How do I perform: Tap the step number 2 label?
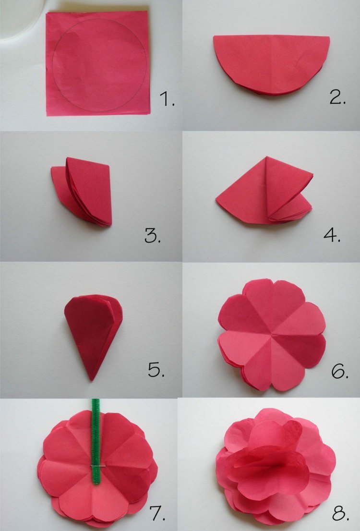coord(338,97)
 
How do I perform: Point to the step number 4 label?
coord(332,235)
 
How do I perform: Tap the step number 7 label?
coord(157,513)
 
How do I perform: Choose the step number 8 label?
coord(340,513)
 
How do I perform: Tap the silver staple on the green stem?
coord(96,465)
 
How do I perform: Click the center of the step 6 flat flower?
coord(272,333)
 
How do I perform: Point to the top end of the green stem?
coord(96,401)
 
